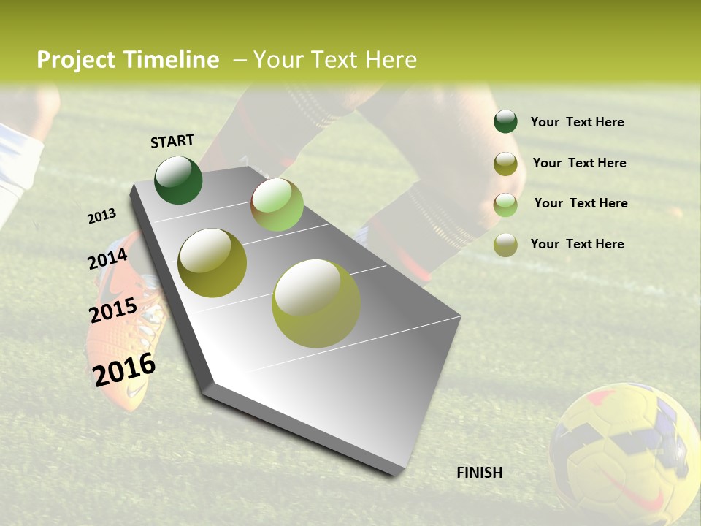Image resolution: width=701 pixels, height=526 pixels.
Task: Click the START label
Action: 172,141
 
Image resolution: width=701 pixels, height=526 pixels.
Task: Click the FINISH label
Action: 480,473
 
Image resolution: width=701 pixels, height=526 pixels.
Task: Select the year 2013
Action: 101,216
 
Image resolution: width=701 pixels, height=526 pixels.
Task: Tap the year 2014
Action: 107,259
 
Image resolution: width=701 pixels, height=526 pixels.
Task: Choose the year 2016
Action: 124,369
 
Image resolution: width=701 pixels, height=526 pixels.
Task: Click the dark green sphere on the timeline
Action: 179,180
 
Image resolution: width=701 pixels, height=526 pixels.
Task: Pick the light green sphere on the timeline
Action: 277,205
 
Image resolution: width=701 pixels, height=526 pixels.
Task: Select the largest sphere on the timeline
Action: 316,303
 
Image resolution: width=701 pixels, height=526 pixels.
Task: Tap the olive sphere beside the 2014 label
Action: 212,263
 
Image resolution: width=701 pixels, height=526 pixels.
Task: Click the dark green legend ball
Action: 505,122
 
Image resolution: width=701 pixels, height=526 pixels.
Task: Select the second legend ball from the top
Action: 505,163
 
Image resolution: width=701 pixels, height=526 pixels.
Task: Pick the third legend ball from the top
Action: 505,204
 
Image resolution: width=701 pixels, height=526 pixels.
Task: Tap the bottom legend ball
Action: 505,245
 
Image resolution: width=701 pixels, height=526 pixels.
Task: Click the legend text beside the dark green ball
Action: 577,122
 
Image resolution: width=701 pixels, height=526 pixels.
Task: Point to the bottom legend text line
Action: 577,244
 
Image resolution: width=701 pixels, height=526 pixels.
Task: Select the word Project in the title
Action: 76,60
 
